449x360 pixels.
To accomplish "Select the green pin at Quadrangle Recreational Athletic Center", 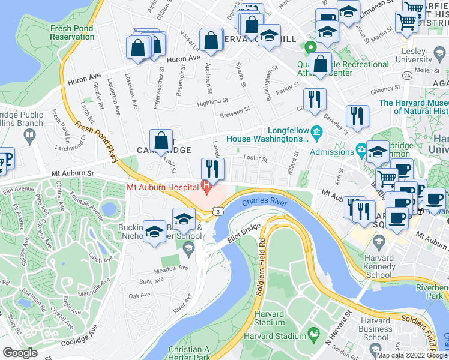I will coord(310,48).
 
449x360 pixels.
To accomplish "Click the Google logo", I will coord(19,353).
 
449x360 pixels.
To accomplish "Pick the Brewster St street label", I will coord(235,112).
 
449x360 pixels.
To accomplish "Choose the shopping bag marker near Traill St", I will coord(161,142).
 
